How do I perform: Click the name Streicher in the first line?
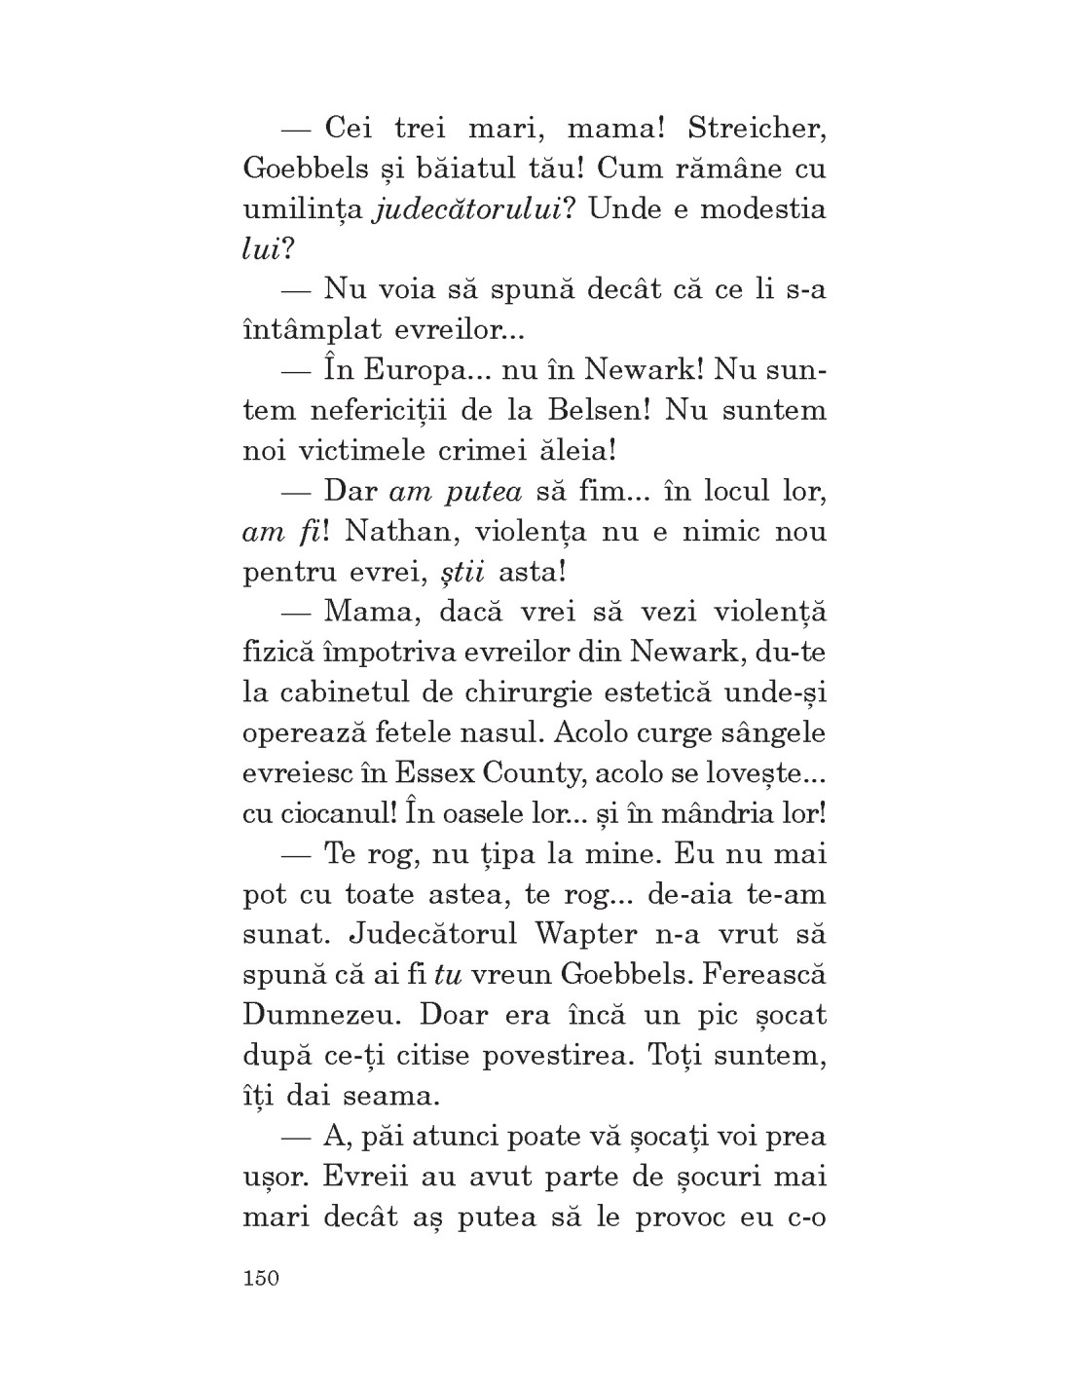757,129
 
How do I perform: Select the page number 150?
261,1278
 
